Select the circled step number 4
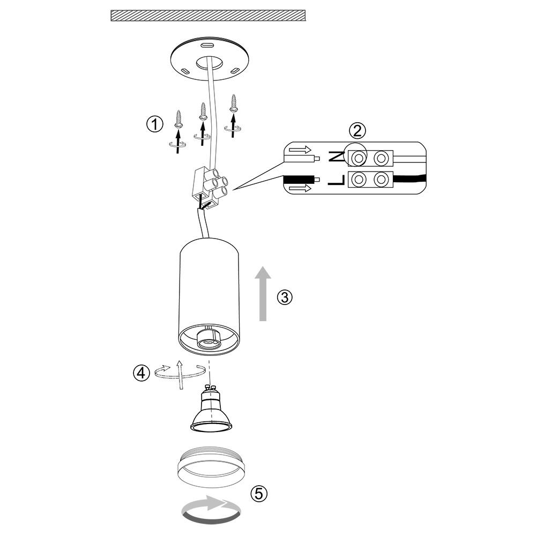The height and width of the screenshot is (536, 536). coord(141,373)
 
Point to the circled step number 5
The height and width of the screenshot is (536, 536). coord(259,493)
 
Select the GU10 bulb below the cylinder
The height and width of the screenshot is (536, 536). coord(212,413)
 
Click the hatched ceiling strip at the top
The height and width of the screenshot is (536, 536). coord(207,15)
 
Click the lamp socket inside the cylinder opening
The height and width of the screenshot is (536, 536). coord(209,340)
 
